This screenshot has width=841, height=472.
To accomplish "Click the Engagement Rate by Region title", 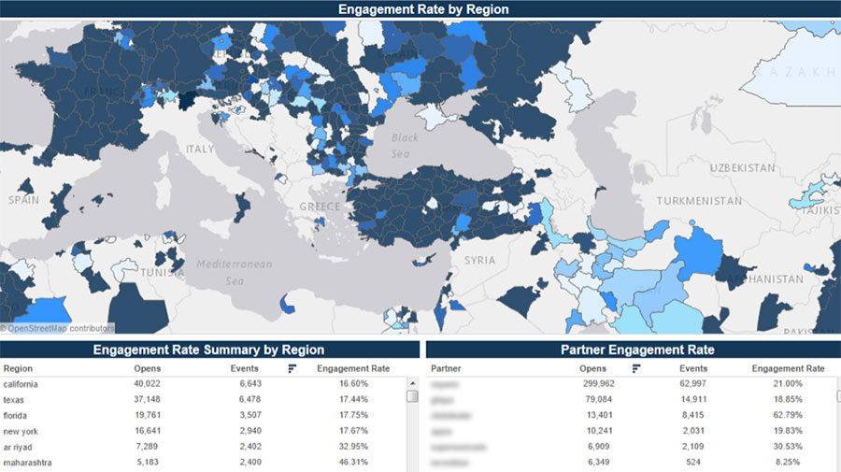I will point(422,9).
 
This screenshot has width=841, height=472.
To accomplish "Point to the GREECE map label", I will point(320,206).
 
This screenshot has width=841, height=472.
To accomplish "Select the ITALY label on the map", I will point(199,149).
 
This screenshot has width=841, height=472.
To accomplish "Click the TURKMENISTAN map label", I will point(699,201).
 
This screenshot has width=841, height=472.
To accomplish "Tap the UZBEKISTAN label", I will point(742,167).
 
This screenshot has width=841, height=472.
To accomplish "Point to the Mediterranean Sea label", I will point(234,272).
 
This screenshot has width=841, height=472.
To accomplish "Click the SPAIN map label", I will point(23,200).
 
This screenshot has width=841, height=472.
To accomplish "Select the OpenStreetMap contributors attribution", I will point(58,328).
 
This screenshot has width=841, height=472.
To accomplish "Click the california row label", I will point(21,383).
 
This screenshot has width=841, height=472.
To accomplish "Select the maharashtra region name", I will point(28,463).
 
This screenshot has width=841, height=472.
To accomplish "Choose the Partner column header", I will point(445,368).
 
